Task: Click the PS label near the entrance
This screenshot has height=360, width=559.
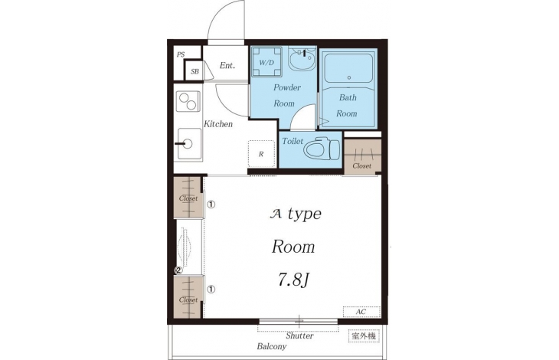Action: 181,54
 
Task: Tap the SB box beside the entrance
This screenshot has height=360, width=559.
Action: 195,71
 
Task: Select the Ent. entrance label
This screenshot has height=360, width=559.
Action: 227,66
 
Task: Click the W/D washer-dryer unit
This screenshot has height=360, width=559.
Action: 266,62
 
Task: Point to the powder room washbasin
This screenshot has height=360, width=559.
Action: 302,59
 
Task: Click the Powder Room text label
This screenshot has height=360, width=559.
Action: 286,95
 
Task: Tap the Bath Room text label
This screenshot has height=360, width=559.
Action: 347,105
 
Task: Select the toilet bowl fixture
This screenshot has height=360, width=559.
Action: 322,149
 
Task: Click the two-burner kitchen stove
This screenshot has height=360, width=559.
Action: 188,101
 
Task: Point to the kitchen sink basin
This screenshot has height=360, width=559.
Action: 189,144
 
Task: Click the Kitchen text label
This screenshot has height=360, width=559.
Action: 218,124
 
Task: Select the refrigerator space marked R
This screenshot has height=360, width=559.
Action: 261,154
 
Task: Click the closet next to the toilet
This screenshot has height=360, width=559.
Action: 362,156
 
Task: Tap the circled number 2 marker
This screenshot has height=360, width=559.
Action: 178,270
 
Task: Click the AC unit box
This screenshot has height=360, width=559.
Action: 361,312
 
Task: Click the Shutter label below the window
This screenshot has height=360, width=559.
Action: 299,335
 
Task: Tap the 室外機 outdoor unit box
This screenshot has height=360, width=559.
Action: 364,335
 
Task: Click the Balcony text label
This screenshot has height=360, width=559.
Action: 272,346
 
